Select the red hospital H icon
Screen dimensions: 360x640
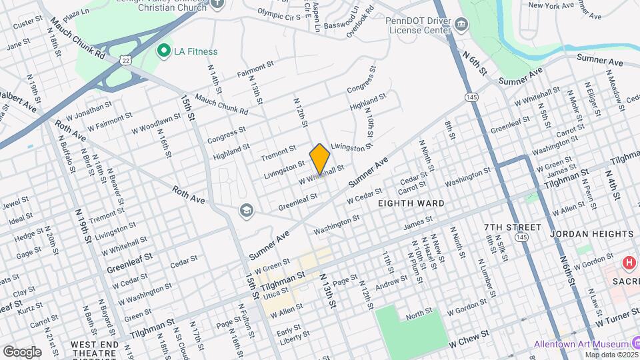tap(628, 263)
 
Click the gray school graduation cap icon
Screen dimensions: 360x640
tap(247, 211)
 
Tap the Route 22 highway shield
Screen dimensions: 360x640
tap(126, 60)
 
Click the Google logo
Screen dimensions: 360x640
tap(22, 351)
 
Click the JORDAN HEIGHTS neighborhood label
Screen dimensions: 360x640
tap(592, 234)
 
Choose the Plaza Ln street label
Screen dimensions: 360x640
tap(76, 13)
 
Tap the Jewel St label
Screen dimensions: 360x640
tap(17, 200)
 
